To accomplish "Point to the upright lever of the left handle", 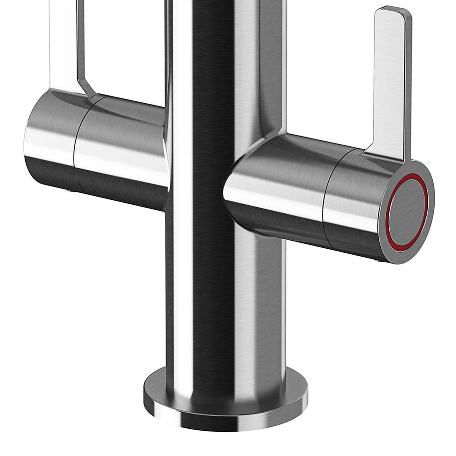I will [x=64, y=45].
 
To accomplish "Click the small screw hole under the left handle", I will [x=69, y=189].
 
